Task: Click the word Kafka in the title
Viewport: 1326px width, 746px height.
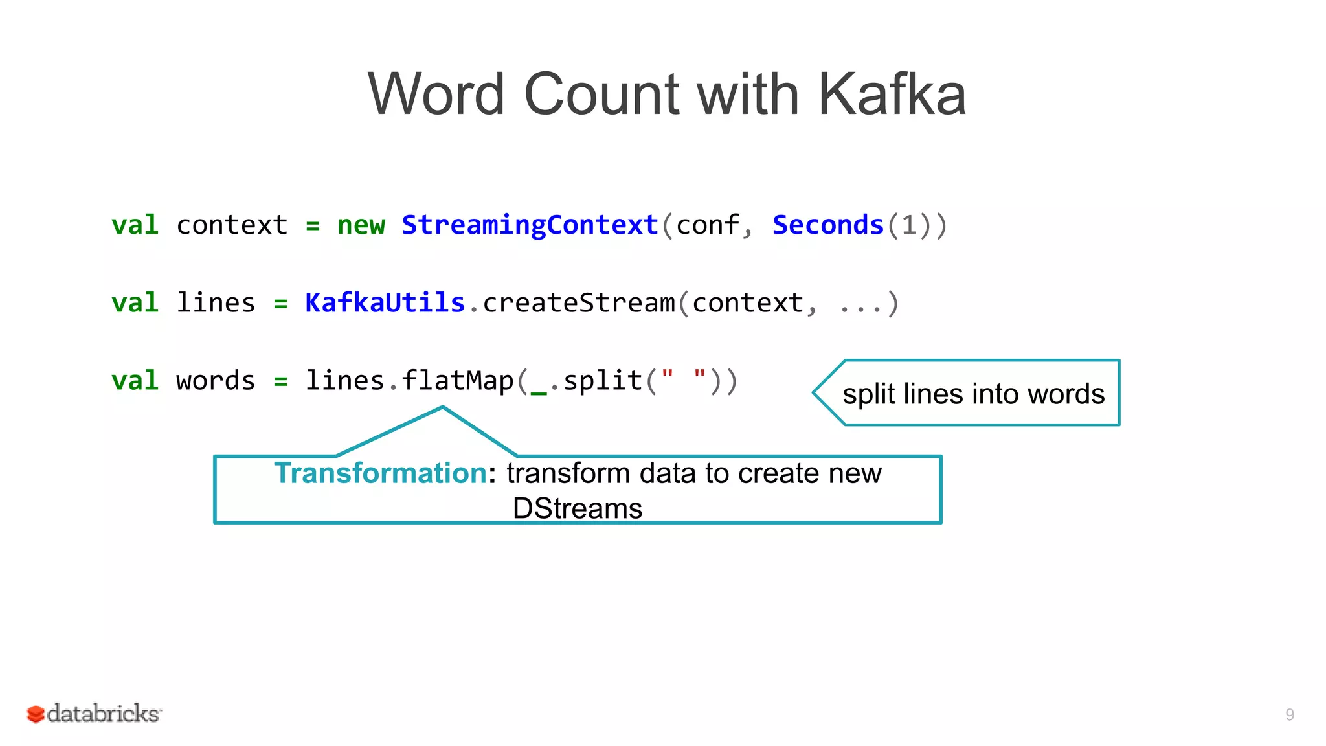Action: click(892, 95)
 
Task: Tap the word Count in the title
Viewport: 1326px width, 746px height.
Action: click(601, 95)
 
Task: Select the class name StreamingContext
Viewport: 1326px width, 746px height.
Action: click(530, 225)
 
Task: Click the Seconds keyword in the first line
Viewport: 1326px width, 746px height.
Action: click(828, 225)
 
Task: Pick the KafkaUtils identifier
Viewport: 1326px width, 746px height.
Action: click(385, 303)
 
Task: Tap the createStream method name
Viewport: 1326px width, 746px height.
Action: click(578, 303)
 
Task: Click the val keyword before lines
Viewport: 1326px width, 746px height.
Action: click(135, 303)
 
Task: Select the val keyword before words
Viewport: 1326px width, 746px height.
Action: click(135, 381)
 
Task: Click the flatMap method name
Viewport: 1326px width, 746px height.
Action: click(457, 381)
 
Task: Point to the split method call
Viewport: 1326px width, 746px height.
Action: click(602, 381)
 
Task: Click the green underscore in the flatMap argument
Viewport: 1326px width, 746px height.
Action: click(539, 390)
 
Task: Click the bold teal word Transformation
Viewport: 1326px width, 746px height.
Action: click(380, 473)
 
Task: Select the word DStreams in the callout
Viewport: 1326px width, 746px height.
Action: click(578, 508)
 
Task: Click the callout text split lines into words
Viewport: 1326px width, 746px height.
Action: click(973, 394)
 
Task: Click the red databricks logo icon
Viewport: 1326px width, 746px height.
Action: click(35, 714)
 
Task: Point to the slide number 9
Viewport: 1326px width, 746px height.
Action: click(1290, 715)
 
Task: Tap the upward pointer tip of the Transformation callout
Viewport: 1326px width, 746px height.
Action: click(443, 409)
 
